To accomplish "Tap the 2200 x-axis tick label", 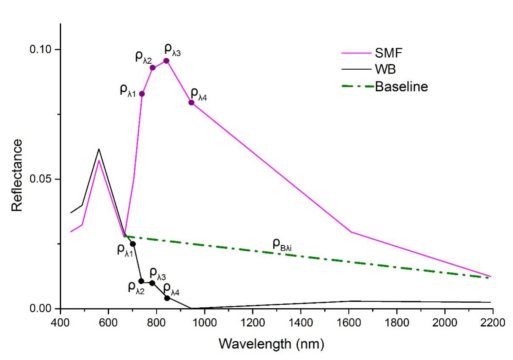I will point(493,322).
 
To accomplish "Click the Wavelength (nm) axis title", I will point(271,343).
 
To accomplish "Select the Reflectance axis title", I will point(17,175).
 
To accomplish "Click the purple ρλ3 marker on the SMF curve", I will point(166,61).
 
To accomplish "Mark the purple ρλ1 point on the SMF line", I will point(142,94).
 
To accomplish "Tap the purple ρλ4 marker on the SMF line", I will point(192,102).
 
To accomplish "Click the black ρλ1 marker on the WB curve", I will point(132,244).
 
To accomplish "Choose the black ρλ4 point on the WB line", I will point(167,298).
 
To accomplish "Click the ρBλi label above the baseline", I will point(282,244).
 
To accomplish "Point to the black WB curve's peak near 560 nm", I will point(99,149).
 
